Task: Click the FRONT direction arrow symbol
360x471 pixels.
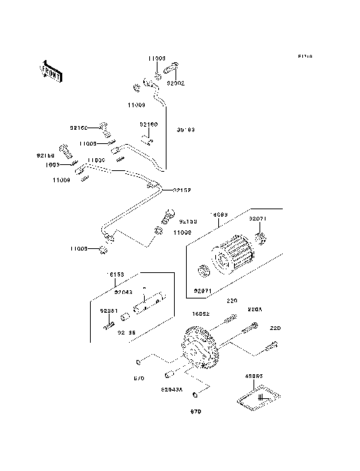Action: click(x=52, y=70)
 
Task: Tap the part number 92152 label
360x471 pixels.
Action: click(x=184, y=190)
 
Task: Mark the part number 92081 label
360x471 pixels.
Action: click(x=109, y=310)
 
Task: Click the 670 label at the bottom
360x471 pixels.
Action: click(x=195, y=412)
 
